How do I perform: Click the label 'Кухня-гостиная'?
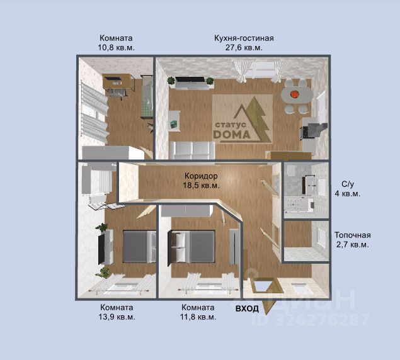click(x=244, y=38)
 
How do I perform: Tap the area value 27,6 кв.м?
click(x=244, y=48)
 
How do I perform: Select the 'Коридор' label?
click(x=201, y=176)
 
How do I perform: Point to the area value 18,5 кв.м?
click(x=201, y=186)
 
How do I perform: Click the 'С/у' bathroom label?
click(x=348, y=184)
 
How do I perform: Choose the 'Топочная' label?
click(x=353, y=235)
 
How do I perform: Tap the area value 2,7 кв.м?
click(x=353, y=245)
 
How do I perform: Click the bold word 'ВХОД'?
click(x=247, y=309)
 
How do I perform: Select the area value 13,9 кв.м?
click(x=117, y=317)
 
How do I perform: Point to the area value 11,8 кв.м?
click(x=198, y=317)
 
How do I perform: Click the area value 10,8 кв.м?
click(x=116, y=48)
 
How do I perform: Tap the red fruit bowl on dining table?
click(x=294, y=94)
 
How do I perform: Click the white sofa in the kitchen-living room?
click(x=192, y=150)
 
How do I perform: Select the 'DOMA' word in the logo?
click(x=232, y=135)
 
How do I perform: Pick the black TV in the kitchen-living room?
click(x=190, y=79)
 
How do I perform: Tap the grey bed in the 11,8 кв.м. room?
click(x=192, y=246)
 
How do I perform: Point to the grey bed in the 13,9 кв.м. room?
click(x=139, y=246)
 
